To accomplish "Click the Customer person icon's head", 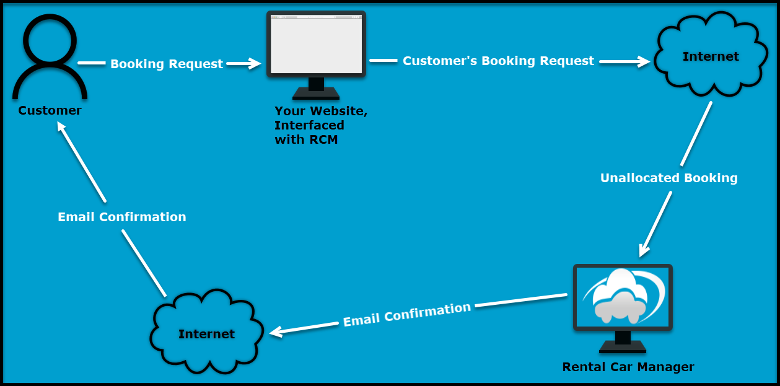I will [50, 38].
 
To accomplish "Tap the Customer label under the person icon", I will [50, 111].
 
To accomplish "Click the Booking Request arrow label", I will [166, 64].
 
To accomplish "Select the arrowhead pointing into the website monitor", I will [255, 63].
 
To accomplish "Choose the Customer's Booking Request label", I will [498, 61].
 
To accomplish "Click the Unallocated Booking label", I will [668, 178].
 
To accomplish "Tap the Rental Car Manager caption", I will [628, 367].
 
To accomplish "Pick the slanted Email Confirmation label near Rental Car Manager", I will [407, 314].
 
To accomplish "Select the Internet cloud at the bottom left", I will [206, 334].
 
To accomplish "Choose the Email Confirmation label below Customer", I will [121, 217].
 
